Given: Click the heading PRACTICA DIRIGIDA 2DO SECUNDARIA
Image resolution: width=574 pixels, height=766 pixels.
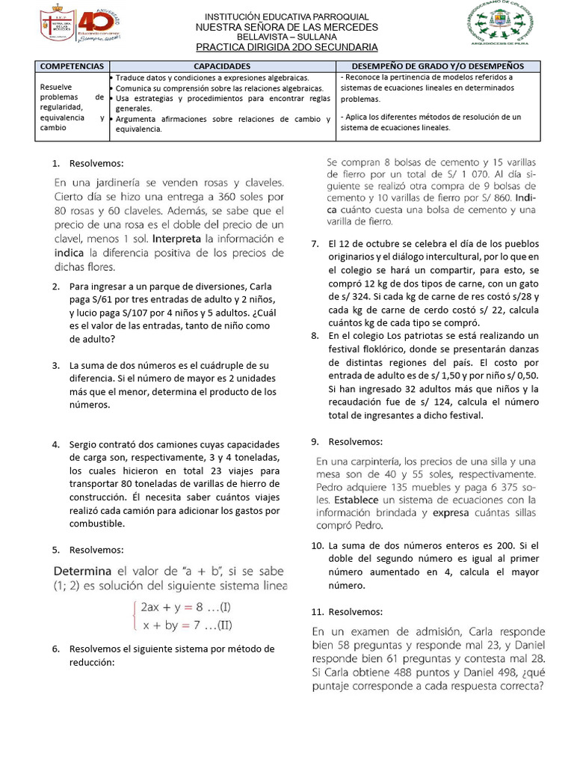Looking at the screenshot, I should point(286,47).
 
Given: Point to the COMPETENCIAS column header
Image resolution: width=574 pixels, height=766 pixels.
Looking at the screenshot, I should point(73,67).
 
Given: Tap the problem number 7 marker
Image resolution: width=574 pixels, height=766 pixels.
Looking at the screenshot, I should point(315,244).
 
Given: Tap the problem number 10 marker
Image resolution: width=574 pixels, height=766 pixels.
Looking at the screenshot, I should point(316,546).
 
